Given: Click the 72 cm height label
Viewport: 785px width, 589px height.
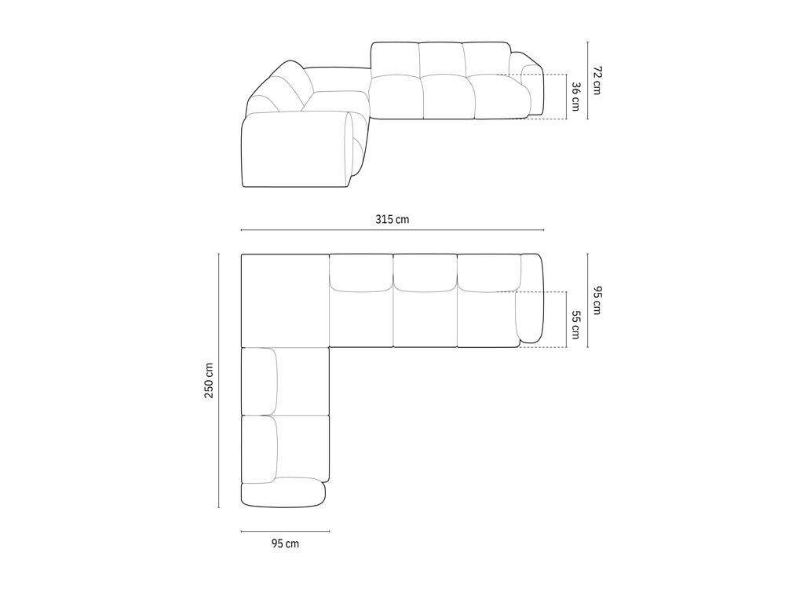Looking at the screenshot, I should (x=597, y=80).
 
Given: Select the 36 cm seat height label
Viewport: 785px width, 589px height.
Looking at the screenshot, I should (x=575, y=97).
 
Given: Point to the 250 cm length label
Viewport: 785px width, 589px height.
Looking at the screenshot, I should (x=210, y=381).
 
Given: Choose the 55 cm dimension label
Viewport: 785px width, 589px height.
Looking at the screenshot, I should (x=575, y=325).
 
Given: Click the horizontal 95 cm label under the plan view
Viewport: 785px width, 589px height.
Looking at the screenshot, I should (x=285, y=543).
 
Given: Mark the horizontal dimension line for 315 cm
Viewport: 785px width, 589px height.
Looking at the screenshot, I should (x=392, y=230).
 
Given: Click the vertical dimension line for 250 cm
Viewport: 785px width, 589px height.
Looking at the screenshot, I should (x=219, y=381).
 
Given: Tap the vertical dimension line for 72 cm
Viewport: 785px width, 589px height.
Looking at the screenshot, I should (x=586, y=80).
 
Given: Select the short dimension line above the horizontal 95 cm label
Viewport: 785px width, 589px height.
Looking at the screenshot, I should (x=285, y=532).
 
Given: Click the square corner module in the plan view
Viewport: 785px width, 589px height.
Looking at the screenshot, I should (x=285, y=301).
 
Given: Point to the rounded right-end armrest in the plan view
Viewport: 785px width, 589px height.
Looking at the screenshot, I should (x=532, y=298).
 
